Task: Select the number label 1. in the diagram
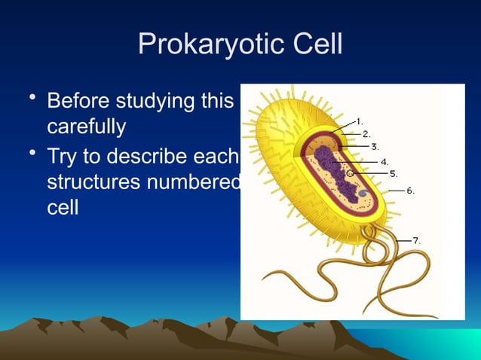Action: [360, 121]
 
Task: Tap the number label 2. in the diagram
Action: [366, 133]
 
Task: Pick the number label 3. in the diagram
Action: [375, 147]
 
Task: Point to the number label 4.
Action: [384, 161]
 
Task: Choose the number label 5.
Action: [393, 173]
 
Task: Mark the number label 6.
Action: [410, 191]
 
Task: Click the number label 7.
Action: [416, 240]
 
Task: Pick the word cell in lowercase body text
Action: [63, 208]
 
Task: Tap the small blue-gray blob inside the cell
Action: [363, 194]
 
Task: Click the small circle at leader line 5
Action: [351, 173]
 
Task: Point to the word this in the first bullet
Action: [218, 101]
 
